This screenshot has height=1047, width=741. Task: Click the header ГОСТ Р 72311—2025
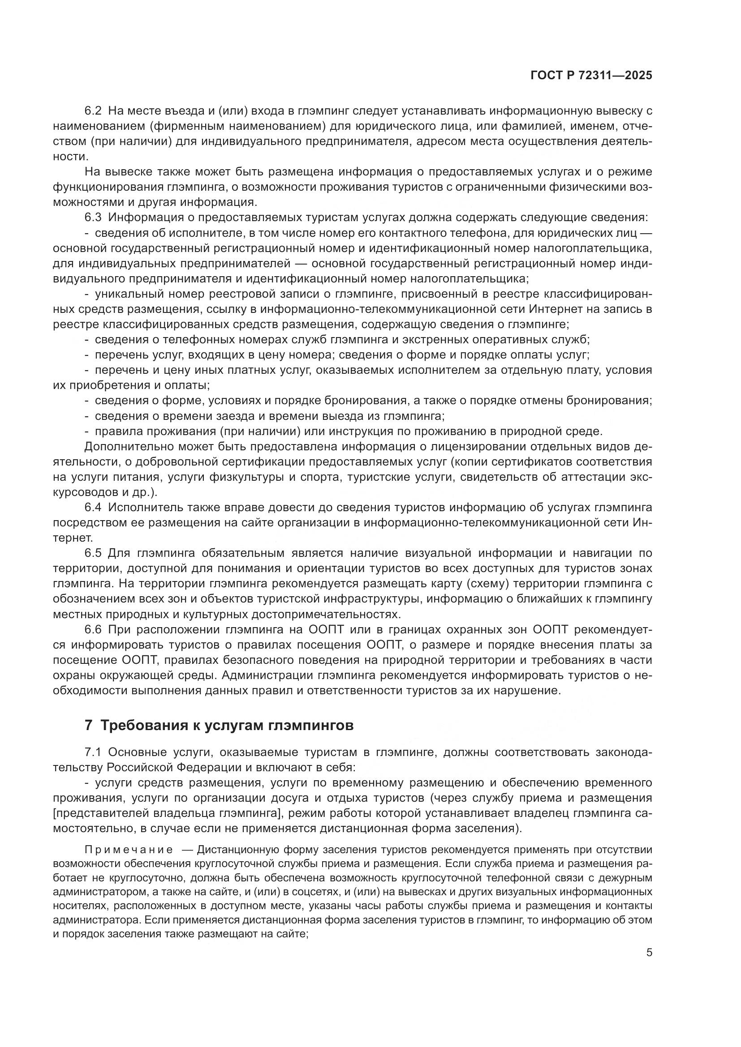coord(591,76)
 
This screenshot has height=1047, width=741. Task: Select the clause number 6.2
coord(94,111)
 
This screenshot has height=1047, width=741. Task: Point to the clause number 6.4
coord(94,508)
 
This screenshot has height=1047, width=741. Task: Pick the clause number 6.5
coord(94,554)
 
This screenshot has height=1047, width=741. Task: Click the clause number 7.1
coord(94,752)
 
